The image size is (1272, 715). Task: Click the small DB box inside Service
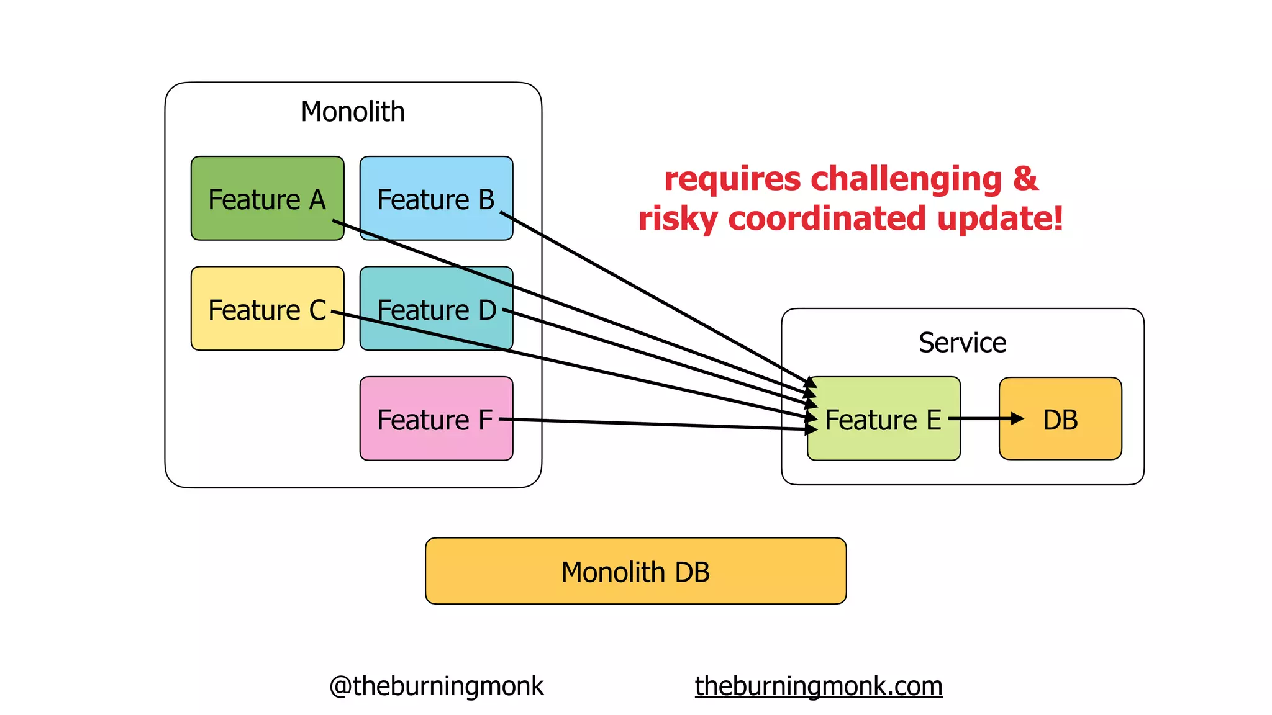(1060, 419)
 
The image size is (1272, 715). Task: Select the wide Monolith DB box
(635, 571)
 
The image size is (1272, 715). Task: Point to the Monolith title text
(353, 112)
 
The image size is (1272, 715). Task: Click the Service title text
(962, 343)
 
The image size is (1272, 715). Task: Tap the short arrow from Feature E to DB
(984, 419)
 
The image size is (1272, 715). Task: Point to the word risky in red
(678, 219)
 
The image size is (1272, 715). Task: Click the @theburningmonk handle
(436, 686)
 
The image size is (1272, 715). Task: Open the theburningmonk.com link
(819, 686)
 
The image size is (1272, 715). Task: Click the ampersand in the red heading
(1025, 179)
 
